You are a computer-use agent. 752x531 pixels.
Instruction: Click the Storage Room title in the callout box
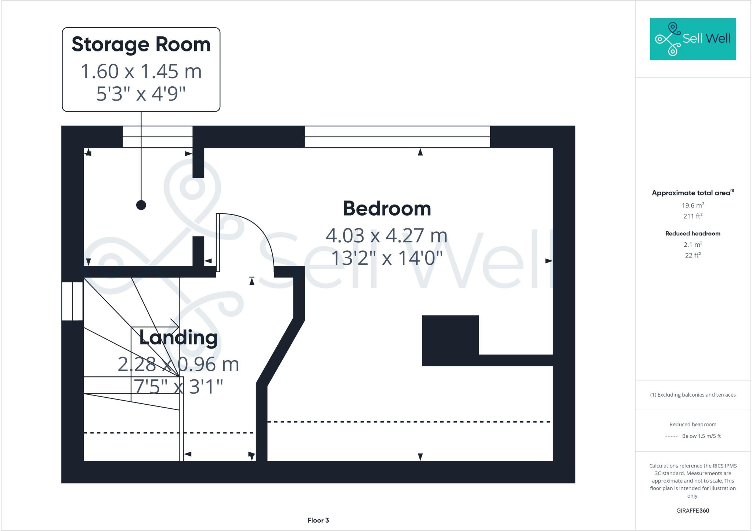click(141, 44)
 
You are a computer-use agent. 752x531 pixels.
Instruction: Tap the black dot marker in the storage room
click(141, 205)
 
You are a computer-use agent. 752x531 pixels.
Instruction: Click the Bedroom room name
click(387, 209)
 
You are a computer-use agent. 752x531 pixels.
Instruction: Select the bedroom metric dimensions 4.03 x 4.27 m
click(387, 235)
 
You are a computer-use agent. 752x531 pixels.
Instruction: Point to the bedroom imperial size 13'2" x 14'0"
click(387, 258)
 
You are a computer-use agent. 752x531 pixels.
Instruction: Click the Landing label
click(178, 337)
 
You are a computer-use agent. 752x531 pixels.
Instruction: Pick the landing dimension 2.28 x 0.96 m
click(178, 364)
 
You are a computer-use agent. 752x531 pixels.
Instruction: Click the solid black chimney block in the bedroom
click(450, 340)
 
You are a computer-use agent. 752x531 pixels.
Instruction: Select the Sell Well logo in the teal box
click(693, 39)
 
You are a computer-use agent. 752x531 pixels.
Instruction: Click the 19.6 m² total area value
click(693, 205)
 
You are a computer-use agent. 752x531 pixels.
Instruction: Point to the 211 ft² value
click(693, 216)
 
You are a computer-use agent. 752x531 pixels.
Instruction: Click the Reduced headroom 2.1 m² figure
click(693, 244)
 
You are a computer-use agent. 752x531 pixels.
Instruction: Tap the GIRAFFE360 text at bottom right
click(693, 510)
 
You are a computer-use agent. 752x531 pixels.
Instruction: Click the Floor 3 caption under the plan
click(318, 520)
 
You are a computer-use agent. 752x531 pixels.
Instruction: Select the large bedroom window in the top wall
click(397, 137)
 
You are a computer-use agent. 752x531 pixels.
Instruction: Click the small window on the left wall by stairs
click(72, 301)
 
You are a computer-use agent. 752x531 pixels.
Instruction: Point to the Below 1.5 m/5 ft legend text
click(701, 436)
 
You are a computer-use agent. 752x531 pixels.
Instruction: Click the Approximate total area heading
click(691, 193)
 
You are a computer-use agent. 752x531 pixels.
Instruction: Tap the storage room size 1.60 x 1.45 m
click(141, 71)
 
